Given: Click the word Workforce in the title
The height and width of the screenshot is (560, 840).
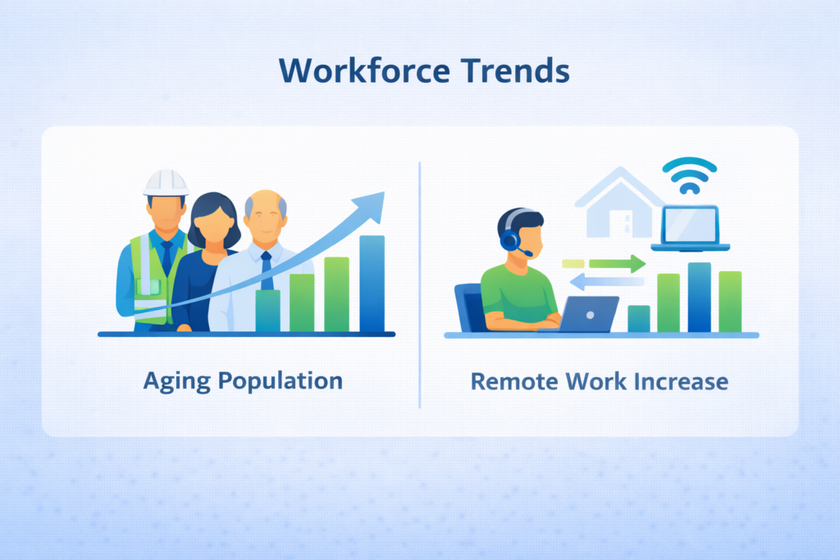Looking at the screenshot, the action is click(364, 71).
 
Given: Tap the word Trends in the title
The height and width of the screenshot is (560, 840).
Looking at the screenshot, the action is click(515, 71).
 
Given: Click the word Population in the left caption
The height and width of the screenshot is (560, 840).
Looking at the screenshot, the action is click(281, 381).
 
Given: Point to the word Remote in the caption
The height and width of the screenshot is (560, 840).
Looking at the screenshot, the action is click(514, 382).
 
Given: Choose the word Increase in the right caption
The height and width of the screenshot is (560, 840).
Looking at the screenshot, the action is click(681, 382).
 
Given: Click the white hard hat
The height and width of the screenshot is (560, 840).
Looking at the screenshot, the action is click(166, 183).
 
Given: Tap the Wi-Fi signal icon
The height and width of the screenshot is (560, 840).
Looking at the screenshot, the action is click(689, 175).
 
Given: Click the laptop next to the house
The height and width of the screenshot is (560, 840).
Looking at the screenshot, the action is click(690, 229).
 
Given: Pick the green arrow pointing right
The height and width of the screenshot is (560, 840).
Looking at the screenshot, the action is click(617, 263).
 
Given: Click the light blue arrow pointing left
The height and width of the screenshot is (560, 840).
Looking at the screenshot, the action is click(606, 281).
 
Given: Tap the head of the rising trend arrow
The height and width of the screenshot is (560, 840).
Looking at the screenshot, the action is click(372, 206).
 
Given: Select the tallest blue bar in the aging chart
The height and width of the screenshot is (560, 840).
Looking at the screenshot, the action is click(372, 284).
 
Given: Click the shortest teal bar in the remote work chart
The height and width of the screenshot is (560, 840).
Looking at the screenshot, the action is click(638, 319).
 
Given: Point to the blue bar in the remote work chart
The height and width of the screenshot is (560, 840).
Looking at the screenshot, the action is click(699, 298).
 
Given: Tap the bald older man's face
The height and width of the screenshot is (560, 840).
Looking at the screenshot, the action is click(265, 220).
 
